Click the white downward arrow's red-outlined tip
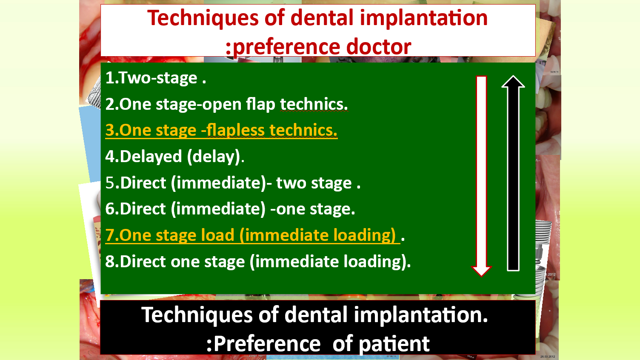point(481,276)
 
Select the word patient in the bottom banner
point(394,344)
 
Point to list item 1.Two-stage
point(156,78)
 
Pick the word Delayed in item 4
point(151,156)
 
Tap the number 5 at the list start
point(110,183)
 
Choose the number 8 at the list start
point(110,261)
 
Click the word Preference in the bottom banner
point(267,344)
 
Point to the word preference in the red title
point(286,47)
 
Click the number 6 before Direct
point(110,209)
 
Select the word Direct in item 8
point(143,261)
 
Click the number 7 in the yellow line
point(110,235)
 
